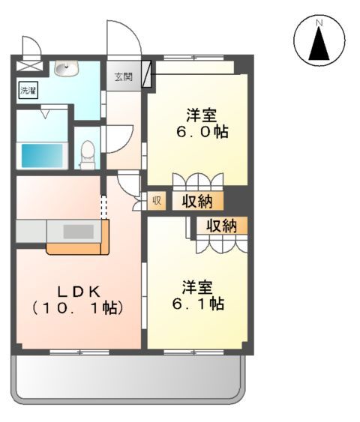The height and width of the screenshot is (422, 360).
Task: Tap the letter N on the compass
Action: point(319,23)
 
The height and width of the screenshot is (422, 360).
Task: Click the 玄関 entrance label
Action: point(123,76)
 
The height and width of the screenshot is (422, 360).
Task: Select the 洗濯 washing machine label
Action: point(27,90)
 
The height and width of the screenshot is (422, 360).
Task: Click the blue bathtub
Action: point(41,155)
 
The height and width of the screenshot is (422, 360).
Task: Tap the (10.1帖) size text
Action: point(78,307)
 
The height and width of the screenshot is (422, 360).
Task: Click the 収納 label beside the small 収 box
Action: point(197,201)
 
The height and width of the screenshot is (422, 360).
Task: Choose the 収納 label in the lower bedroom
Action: point(221,224)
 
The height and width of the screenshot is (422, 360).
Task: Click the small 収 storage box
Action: point(157,200)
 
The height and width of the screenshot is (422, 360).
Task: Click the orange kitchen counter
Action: point(75,247)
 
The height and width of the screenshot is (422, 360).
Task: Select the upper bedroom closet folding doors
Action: point(197,182)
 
